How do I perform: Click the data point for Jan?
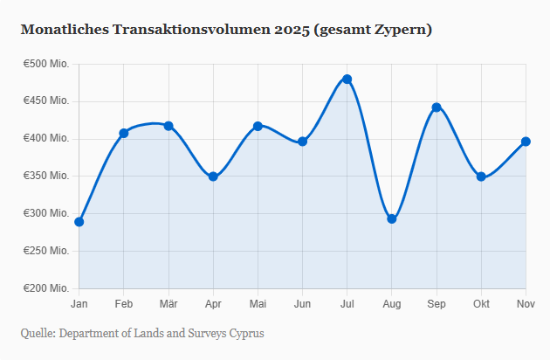79,222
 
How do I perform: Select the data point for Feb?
124,133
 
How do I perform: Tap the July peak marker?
347,79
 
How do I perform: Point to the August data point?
392,218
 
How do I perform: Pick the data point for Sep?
437,107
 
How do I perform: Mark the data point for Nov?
526,142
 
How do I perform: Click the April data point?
213,177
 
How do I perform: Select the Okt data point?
481,177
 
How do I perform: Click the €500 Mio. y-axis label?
46,64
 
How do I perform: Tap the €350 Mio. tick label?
46,176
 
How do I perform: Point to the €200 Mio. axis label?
46,288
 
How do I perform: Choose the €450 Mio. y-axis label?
46,101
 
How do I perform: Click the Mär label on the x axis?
168,303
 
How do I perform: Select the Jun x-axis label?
302,303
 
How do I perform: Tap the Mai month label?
258,303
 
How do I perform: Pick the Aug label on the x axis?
392,303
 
